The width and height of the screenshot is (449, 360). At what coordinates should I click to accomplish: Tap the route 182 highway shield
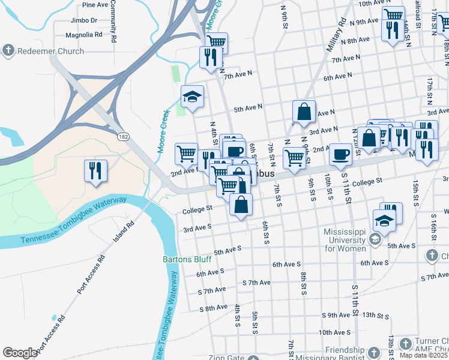(x=124, y=137)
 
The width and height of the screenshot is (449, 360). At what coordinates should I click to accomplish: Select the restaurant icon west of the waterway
(x=95, y=171)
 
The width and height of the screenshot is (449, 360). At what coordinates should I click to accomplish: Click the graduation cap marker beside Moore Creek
(x=192, y=97)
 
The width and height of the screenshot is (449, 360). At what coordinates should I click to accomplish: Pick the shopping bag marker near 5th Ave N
(x=304, y=112)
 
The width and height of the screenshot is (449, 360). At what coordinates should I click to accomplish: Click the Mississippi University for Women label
(x=345, y=240)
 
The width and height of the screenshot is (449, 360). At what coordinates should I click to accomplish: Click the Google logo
(x=20, y=353)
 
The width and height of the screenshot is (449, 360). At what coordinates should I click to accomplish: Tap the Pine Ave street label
(x=95, y=5)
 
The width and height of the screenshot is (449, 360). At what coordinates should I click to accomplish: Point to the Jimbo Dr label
(x=83, y=20)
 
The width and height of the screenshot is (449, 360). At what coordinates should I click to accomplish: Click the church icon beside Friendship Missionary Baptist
(x=374, y=351)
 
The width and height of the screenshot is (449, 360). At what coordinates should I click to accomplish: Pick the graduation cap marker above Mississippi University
(x=384, y=221)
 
